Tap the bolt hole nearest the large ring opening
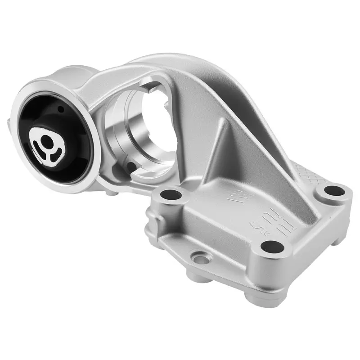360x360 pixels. point(171,195)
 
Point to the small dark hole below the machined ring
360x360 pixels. point(131,167)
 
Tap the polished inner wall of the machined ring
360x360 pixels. point(135,144)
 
